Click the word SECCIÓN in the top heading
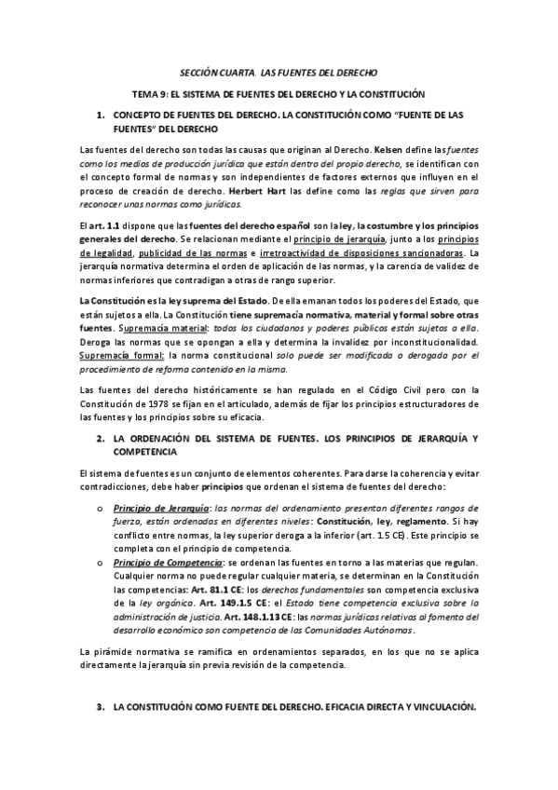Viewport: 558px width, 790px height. click(x=198, y=72)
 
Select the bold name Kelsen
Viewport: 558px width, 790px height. click(x=388, y=148)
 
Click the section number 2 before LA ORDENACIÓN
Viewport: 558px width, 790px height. click(x=100, y=438)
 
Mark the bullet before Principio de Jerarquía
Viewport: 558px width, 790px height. click(x=100, y=509)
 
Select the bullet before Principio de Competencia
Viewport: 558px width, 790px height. click(x=100, y=563)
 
